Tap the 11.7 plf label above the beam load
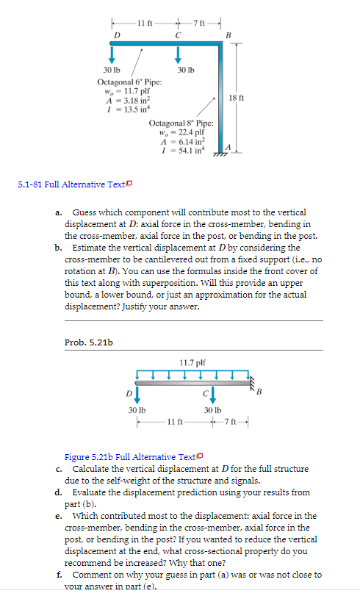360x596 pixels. pyautogui.click(x=191, y=362)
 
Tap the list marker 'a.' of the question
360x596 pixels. pyautogui.click(x=58, y=212)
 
